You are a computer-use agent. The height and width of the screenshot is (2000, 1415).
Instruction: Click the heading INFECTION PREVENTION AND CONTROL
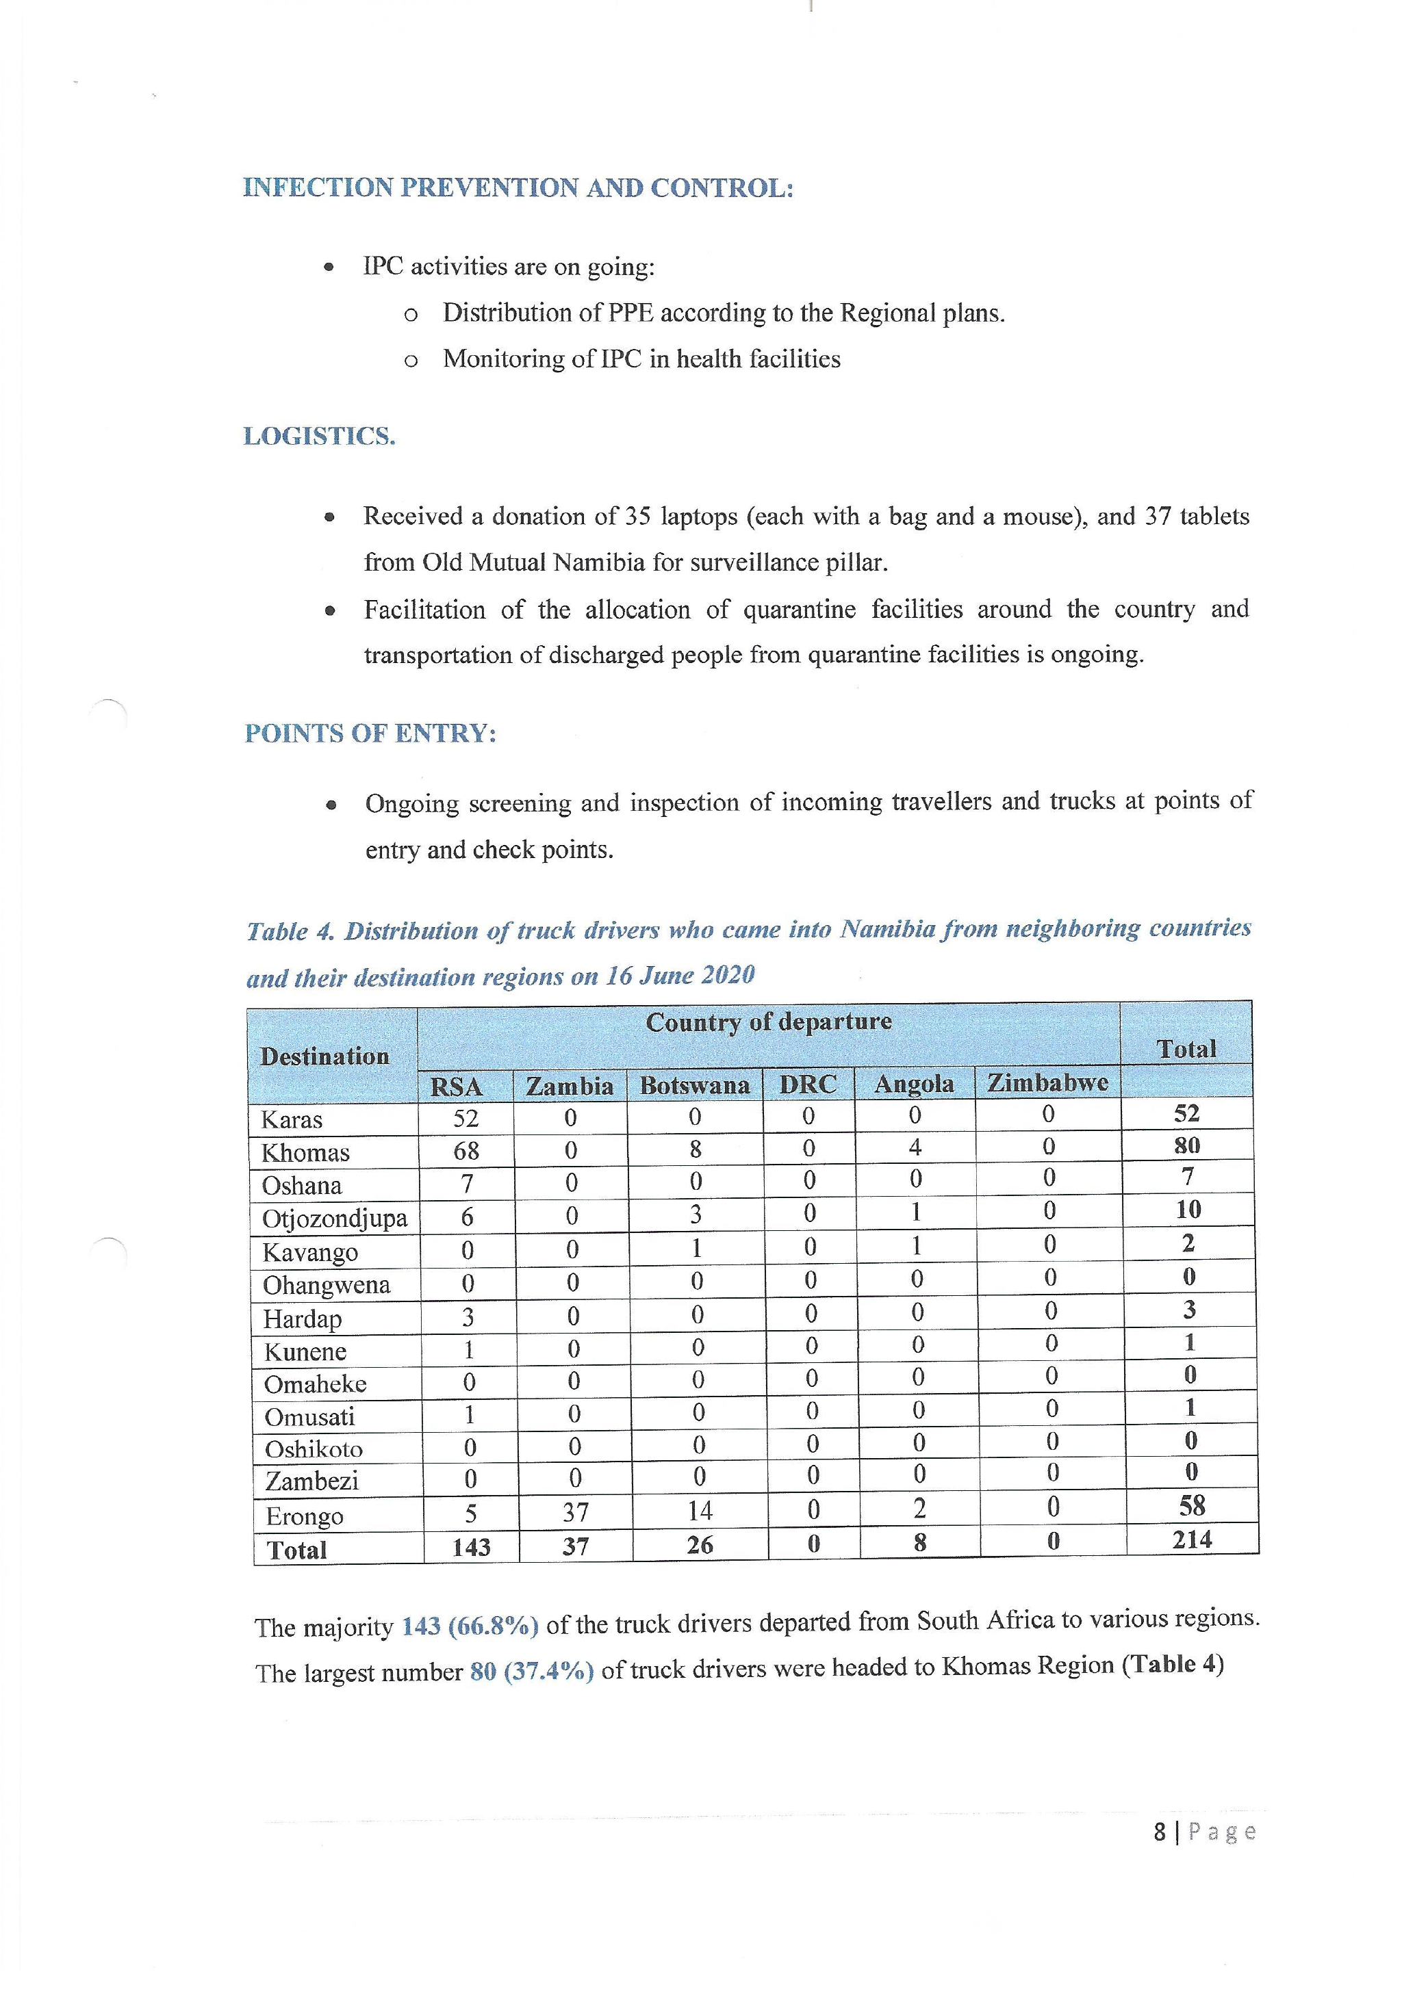click(518, 187)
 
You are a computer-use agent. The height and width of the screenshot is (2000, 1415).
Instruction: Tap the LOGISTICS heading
click(319, 437)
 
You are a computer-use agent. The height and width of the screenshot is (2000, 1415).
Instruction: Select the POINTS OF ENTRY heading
click(370, 733)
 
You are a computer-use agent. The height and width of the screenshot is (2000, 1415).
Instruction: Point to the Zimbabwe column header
click(1047, 1082)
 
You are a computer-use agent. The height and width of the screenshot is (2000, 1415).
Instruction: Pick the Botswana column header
click(694, 1085)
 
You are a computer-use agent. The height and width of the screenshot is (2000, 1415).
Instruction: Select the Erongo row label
click(304, 1516)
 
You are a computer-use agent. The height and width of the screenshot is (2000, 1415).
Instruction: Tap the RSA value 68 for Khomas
click(466, 1152)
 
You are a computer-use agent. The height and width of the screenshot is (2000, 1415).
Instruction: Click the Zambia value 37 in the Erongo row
click(575, 1513)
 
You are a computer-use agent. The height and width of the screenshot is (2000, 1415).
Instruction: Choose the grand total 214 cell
click(1191, 1540)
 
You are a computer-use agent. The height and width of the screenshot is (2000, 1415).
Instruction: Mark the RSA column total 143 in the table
click(472, 1547)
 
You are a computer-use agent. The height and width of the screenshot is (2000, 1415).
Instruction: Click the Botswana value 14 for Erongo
click(700, 1511)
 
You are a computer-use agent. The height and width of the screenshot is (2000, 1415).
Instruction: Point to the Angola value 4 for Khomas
click(915, 1148)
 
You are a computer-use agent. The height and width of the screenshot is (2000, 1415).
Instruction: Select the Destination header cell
click(324, 1056)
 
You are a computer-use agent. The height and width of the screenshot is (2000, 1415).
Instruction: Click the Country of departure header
click(769, 1022)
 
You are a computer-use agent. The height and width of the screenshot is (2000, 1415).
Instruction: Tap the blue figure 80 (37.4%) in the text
click(531, 1671)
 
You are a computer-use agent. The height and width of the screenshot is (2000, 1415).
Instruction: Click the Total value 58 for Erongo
click(1191, 1506)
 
